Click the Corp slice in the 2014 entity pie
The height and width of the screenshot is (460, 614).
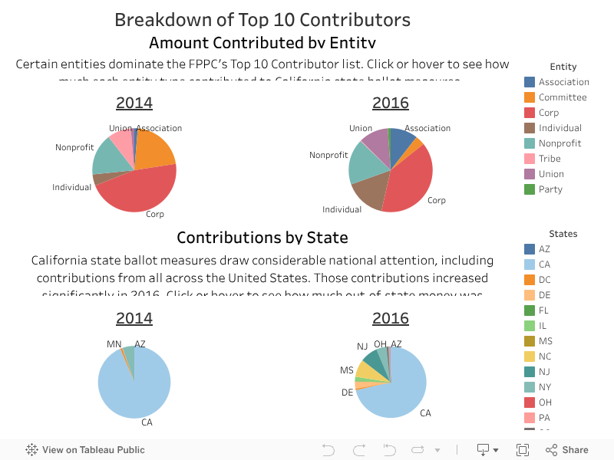click(138, 192)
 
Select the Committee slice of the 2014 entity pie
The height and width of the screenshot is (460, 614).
click(155, 150)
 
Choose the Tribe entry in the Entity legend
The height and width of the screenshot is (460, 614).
click(550, 159)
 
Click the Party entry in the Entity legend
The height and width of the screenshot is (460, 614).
click(550, 189)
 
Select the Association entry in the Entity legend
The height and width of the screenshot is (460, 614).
click(563, 82)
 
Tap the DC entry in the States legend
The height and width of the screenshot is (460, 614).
click(545, 280)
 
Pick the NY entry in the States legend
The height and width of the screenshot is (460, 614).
click(545, 387)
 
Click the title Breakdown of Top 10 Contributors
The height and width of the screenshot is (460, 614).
click(262, 20)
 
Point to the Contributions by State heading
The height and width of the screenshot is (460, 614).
click(262, 238)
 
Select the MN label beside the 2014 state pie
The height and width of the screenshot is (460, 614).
click(114, 345)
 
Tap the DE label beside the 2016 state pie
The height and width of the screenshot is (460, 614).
click(348, 393)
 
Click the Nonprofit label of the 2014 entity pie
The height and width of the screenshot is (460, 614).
click(74, 147)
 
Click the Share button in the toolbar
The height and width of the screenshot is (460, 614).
click(568, 450)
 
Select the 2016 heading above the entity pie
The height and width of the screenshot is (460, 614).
click(391, 103)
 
